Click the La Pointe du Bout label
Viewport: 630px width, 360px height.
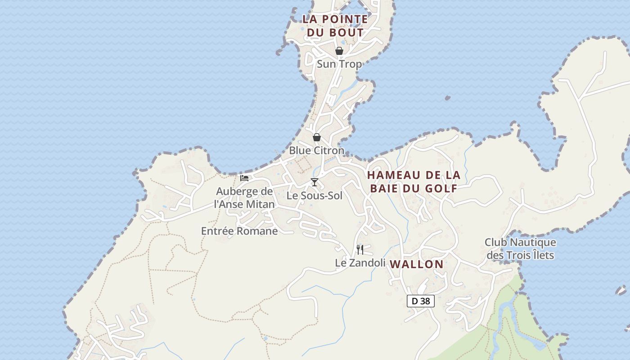335,26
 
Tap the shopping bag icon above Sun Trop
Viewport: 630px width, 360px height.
339,51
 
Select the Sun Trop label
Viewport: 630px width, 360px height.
339,64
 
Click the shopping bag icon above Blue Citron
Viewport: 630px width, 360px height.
317,137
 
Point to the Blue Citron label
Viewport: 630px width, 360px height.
316,150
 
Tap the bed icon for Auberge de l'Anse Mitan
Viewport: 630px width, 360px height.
244,178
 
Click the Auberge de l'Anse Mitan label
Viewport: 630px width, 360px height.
244,198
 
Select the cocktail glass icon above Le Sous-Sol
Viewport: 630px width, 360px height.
315,182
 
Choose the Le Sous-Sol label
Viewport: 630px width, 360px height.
315,196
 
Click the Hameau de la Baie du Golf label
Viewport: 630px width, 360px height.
414,181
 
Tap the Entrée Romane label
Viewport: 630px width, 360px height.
239,231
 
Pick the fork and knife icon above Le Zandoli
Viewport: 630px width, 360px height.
360,249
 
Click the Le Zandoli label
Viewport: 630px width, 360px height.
360,263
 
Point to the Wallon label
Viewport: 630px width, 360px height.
417,264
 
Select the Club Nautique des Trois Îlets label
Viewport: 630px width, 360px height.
520,249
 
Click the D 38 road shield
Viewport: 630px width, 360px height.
421,301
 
